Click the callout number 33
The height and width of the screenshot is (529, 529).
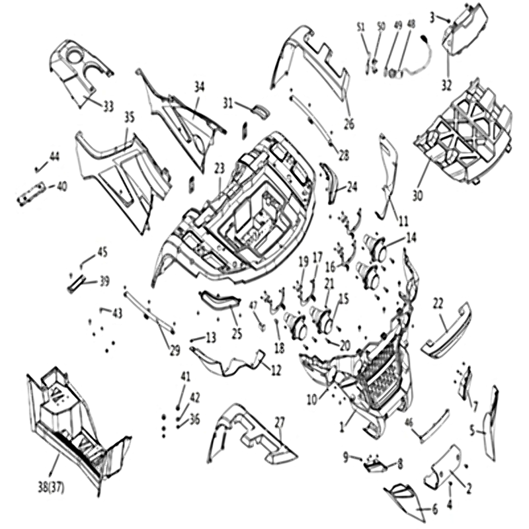[108, 106]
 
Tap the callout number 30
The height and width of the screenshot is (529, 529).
[418, 195]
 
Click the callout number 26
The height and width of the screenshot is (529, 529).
[350, 124]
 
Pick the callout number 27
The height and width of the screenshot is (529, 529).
[280, 423]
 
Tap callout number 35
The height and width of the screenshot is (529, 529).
[129, 118]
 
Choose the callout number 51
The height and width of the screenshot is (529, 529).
[361, 27]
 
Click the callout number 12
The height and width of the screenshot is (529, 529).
[276, 370]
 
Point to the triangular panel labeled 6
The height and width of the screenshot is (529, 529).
[403, 502]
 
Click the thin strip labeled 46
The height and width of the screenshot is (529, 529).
[434, 427]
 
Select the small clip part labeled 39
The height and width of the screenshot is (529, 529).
[77, 282]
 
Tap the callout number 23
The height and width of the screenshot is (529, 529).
[220, 169]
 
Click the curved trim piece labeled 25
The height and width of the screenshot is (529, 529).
[221, 300]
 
